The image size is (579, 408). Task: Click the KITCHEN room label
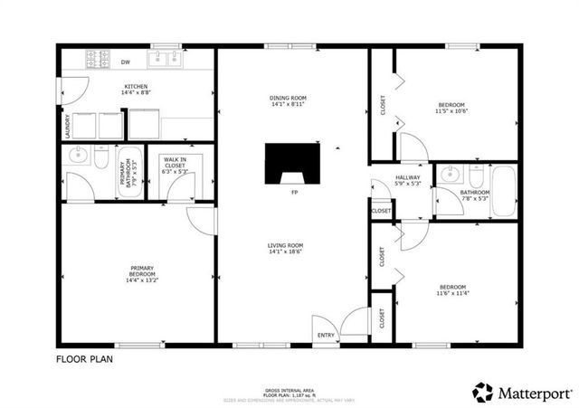[x=137, y=87]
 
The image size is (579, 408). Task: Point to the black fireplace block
[x=293, y=165]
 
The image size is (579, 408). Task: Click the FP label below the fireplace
[x=293, y=193]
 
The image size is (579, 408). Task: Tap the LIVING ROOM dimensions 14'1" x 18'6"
[x=284, y=252]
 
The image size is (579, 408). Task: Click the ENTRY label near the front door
[x=325, y=334]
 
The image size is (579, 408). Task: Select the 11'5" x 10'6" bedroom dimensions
[x=452, y=111]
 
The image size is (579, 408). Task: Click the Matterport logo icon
[x=483, y=392]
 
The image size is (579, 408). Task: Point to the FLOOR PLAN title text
[x=85, y=358]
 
